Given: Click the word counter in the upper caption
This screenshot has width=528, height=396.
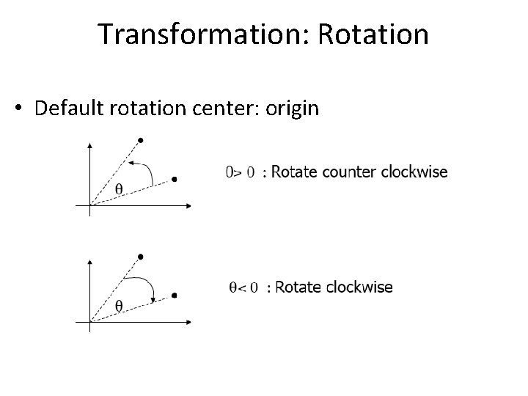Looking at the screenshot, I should pyautogui.click(x=347, y=172).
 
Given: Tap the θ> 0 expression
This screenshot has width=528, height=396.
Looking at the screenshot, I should pyautogui.click(x=239, y=173).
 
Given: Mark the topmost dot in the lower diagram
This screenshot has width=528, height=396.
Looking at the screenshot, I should pyautogui.click(x=141, y=255).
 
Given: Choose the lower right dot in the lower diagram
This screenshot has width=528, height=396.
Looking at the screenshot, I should pyautogui.click(x=174, y=296).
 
